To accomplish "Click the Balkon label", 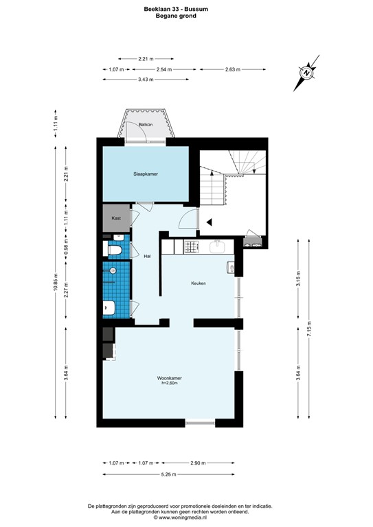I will (x=145, y=124).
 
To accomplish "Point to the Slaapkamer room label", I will (x=146, y=174).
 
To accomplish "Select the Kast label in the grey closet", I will (x=116, y=218).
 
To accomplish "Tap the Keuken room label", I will (x=199, y=283).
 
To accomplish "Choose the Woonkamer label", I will (x=169, y=377).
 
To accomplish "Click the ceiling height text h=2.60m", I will (x=169, y=383).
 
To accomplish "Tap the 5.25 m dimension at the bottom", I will (x=169, y=474).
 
